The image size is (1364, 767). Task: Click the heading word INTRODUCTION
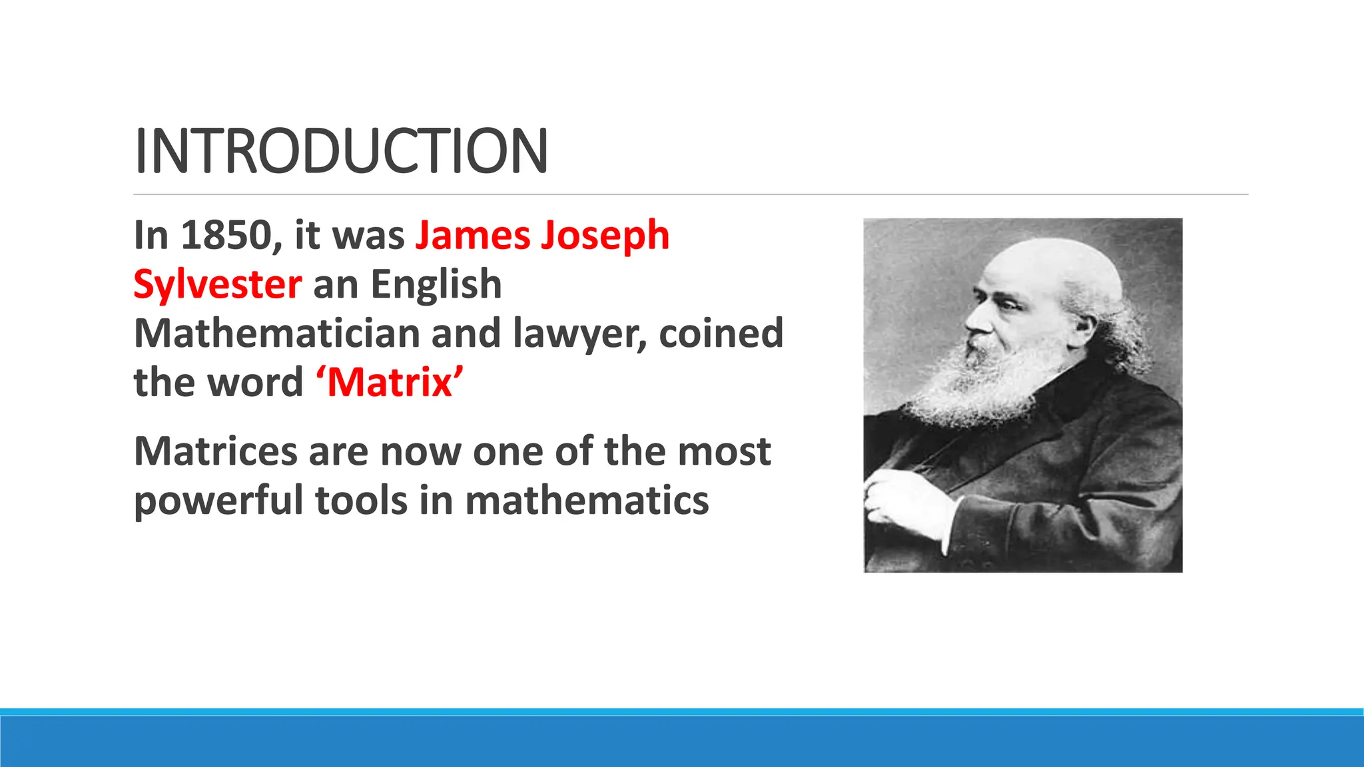pos(341,151)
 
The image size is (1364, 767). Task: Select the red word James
pos(472,236)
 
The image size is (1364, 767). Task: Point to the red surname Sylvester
pos(217,285)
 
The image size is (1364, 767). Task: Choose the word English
pos(436,285)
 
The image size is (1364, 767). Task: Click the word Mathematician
pos(277,334)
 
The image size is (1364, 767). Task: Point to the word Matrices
pos(215,451)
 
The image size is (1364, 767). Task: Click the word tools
pos(360,501)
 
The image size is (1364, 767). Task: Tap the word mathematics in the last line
pos(587,501)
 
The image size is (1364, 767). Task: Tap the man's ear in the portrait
pos(1082,327)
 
